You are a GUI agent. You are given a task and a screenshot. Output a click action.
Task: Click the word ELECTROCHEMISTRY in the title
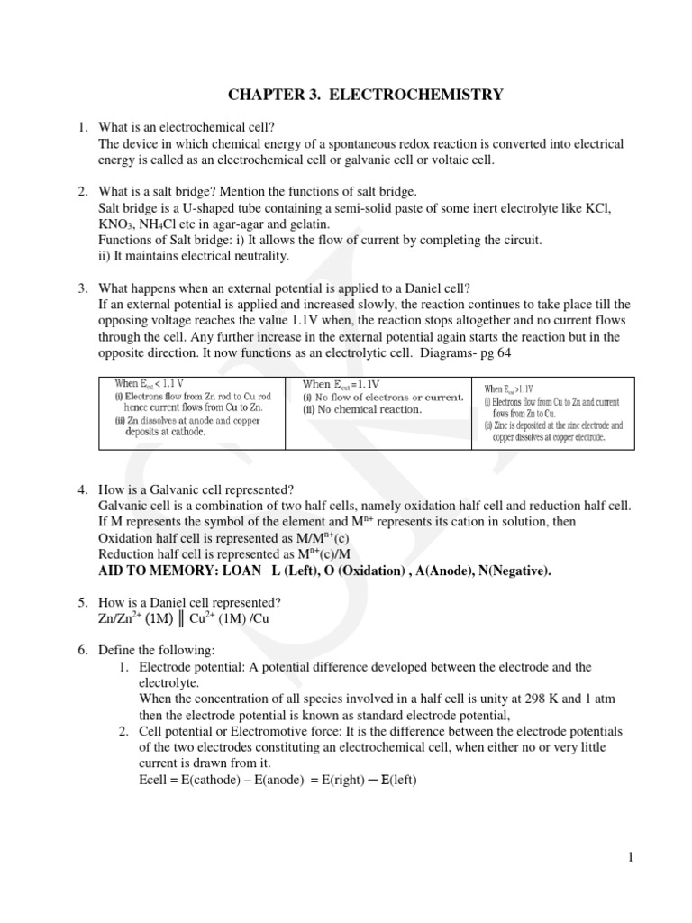pyautogui.click(x=426, y=94)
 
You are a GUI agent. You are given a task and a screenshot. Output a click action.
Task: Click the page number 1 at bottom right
pyautogui.click(x=632, y=858)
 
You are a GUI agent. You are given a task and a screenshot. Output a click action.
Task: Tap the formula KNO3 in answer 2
pyautogui.click(x=117, y=224)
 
